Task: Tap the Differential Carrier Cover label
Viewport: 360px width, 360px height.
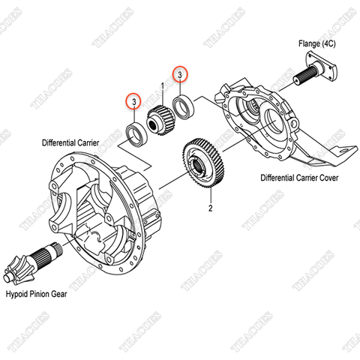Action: [x=299, y=178]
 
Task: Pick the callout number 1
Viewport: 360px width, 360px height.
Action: [x=160, y=88]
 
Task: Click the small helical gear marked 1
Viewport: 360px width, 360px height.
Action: [x=158, y=119]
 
